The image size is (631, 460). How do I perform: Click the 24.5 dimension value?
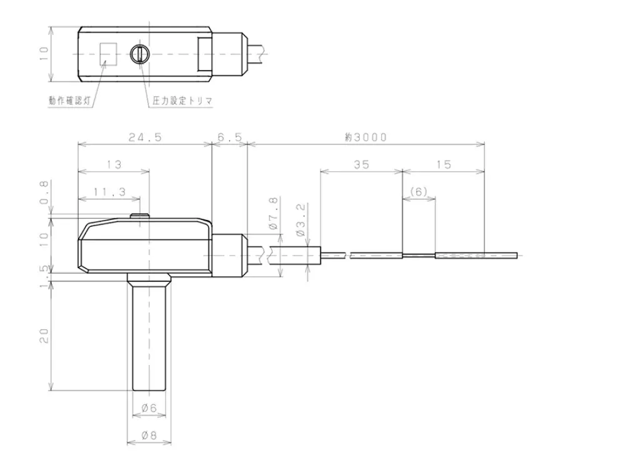tap(146, 137)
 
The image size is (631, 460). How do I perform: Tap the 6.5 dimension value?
tap(230, 137)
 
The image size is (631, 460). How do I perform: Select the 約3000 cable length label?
tap(365, 137)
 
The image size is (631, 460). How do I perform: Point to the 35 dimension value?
tap(361, 164)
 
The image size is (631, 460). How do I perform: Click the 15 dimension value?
tap(444, 164)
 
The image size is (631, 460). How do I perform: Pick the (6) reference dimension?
tap(419, 192)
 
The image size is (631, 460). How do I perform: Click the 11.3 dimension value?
tap(109, 192)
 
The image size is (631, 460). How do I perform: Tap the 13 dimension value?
tap(114, 164)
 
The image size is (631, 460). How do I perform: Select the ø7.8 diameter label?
tap(273, 213)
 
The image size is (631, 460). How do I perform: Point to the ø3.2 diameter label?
tap(301, 220)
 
